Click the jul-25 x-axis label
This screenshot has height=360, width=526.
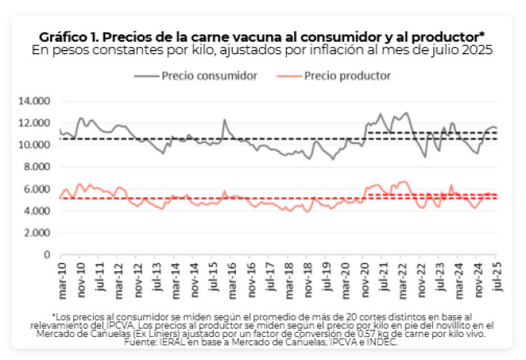[496, 273]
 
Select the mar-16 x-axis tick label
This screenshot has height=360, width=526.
[232, 273]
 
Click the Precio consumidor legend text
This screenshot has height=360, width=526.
[210, 76]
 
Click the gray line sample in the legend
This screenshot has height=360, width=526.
[145, 76]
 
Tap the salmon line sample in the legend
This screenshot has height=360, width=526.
[286, 76]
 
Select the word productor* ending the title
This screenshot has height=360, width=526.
[455, 36]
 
